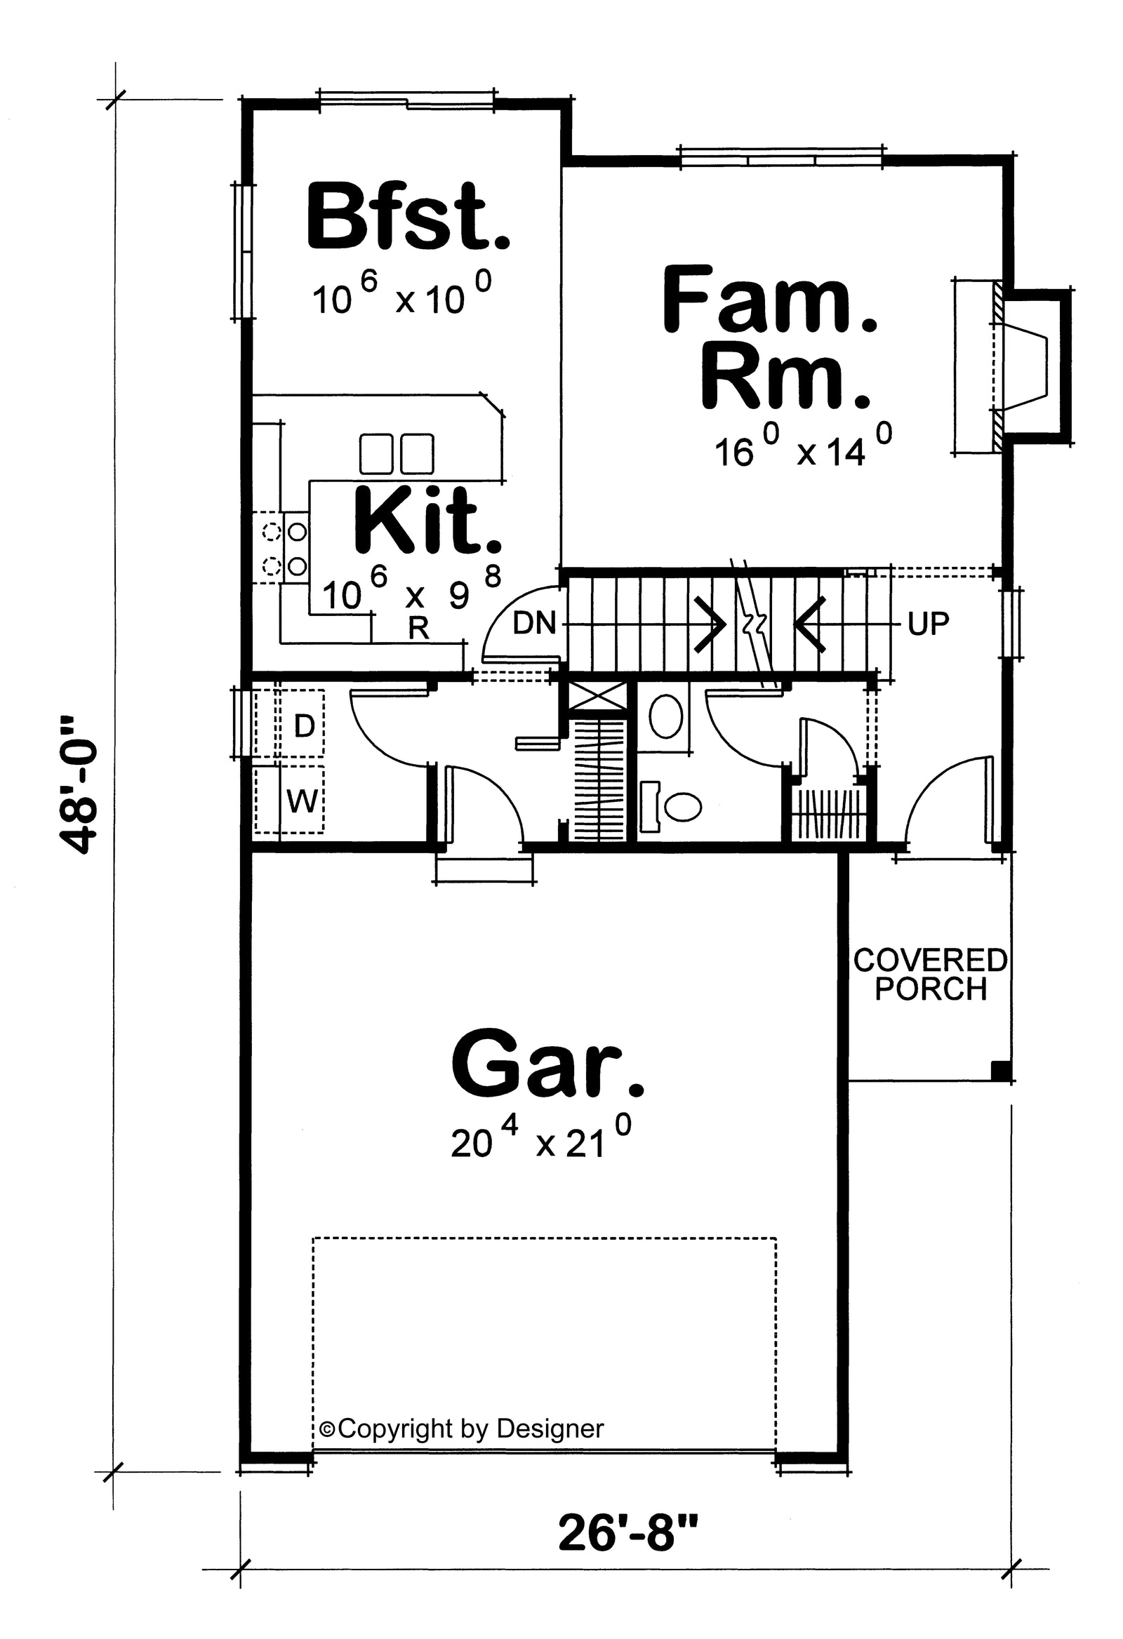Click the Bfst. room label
(x=408, y=217)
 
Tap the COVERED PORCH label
(x=930, y=975)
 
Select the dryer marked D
(x=303, y=725)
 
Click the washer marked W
(x=303, y=801)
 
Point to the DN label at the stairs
(x=534, y=623)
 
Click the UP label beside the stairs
(x=928, y=624)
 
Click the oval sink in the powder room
(x=665, y=716)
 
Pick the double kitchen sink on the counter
(x=397, y=454)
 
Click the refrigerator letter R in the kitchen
(x=419, y=628)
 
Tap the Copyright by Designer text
(x=461, y=1429)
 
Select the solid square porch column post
(x=999, y=1071)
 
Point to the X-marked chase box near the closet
(x=597, y=694)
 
